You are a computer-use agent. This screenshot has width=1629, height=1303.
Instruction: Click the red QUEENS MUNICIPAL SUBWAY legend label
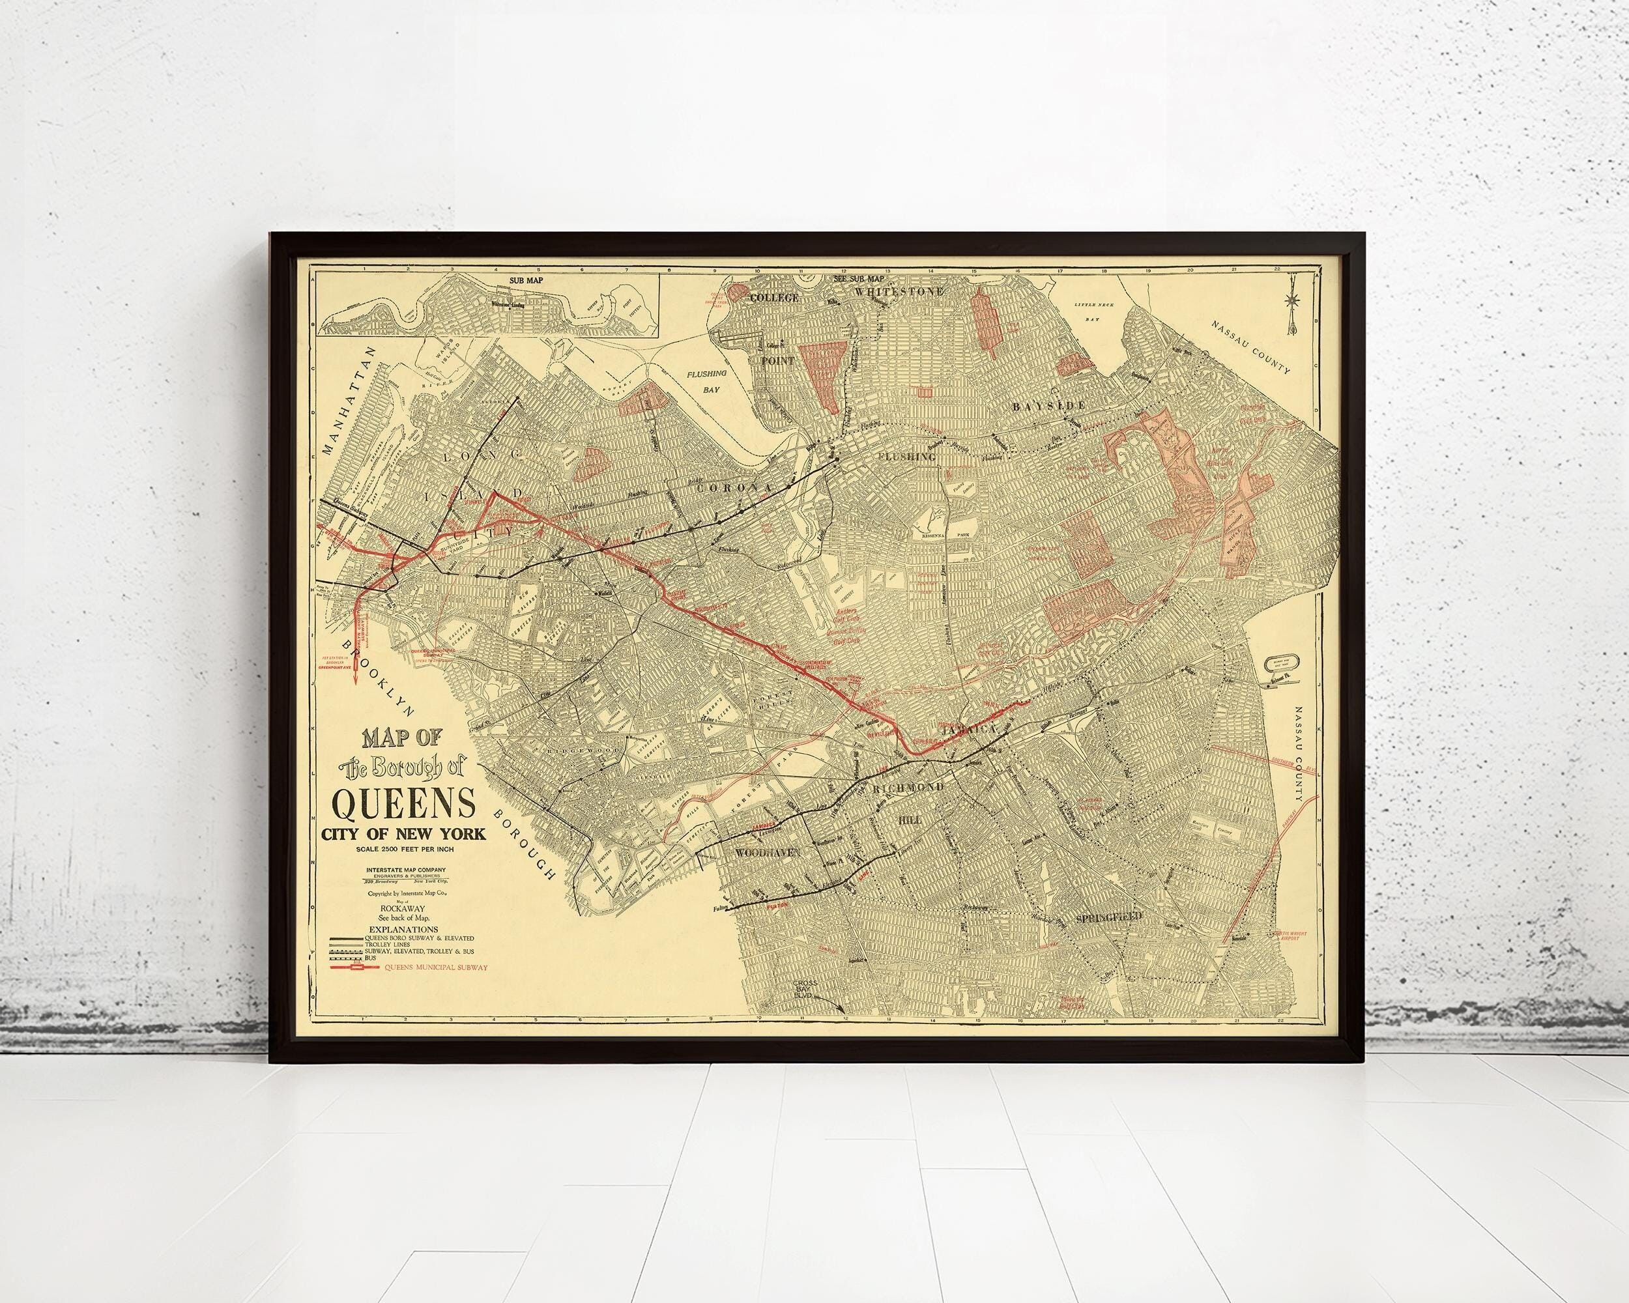[x=435, y=967]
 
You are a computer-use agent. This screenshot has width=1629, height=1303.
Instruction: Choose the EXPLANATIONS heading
[x=403, y=928]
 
